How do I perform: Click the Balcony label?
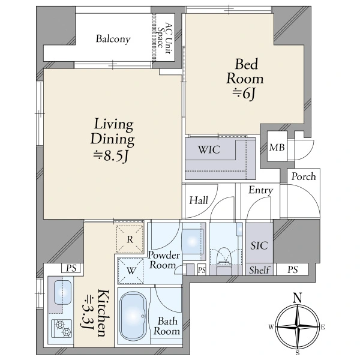pos(113,39)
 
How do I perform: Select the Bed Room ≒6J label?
pos(245,79)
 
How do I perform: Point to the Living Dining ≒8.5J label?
pos(113,139)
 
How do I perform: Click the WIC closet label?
pos(209,149)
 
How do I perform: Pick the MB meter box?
pos(277,146)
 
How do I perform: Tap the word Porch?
pos(304,177)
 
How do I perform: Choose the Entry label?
pos(261,190)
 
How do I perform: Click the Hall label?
pos(199,200)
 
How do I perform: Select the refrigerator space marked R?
pos(130,239)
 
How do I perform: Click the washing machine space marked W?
pos(131,271)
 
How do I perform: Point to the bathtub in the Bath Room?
pos(133,316)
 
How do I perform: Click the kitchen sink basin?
pos(62,293)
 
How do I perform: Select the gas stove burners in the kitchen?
pos(62,328)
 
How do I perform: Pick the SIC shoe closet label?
pos(259,245)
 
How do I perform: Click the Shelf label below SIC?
pos(259,270)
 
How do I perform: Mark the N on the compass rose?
pos(298,298)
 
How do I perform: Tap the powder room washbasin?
pos(193,241)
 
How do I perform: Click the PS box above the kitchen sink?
pos(71,268)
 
